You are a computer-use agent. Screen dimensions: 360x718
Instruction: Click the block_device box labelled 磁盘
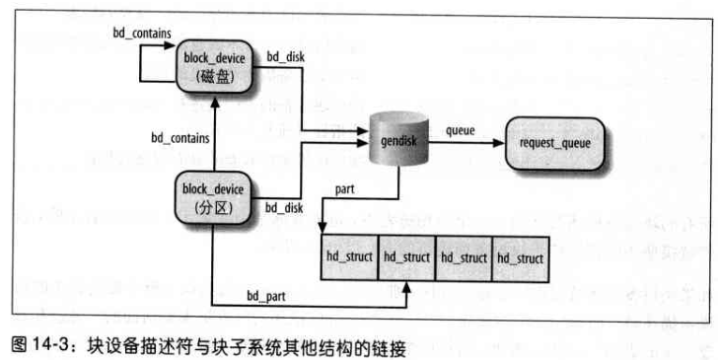214,68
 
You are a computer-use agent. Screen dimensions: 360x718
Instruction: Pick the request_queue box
554,142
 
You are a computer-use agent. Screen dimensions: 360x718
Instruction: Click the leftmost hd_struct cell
349,257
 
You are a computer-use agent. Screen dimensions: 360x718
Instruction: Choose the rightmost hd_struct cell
520,257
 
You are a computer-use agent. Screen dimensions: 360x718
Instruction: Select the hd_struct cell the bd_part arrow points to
405,257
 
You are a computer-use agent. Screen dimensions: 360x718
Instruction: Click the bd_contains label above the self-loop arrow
143,34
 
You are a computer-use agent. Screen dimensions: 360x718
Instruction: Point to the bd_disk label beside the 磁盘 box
285,58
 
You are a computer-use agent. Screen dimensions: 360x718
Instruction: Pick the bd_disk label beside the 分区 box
284,207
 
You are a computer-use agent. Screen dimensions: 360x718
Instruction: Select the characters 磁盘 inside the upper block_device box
214,77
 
